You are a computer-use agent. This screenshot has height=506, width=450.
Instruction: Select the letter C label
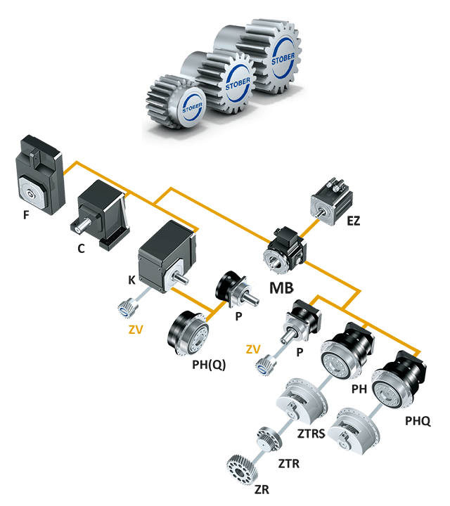(82, 248)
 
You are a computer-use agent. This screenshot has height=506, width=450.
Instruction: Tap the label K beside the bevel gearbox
(131, 280)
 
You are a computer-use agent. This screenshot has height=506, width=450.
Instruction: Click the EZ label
(353, 221)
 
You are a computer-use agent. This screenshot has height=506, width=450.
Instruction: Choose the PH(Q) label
(209, 365)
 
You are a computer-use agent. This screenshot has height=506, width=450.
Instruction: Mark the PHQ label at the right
(417, 422)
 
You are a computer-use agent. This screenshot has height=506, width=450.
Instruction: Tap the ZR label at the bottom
(262, 489)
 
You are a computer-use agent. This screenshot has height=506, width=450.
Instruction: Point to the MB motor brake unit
(285, 250)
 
